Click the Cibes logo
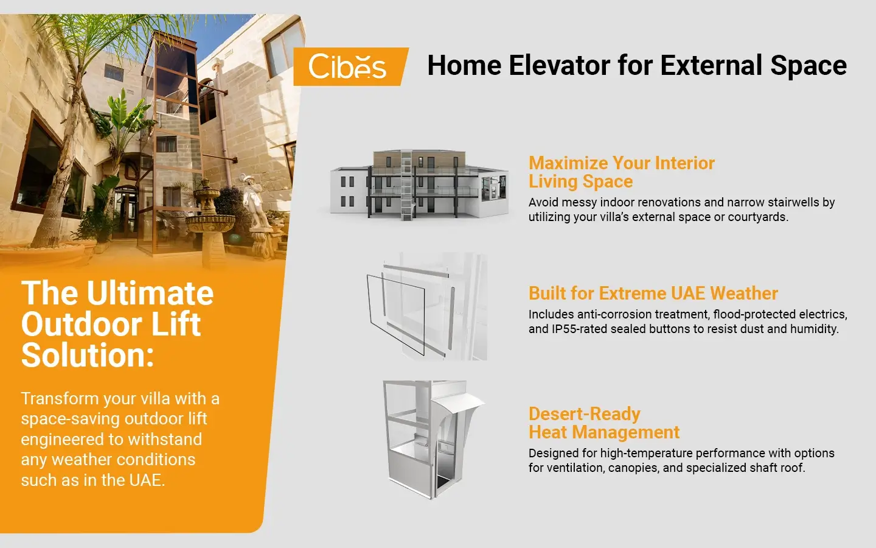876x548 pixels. [347, 66]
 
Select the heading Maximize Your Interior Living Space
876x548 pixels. [620, 172]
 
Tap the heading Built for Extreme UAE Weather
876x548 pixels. [653, 293]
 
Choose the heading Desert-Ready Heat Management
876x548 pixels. [603, 423]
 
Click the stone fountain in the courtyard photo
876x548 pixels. [209, 219]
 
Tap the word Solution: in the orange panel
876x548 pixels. [88, 356]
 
